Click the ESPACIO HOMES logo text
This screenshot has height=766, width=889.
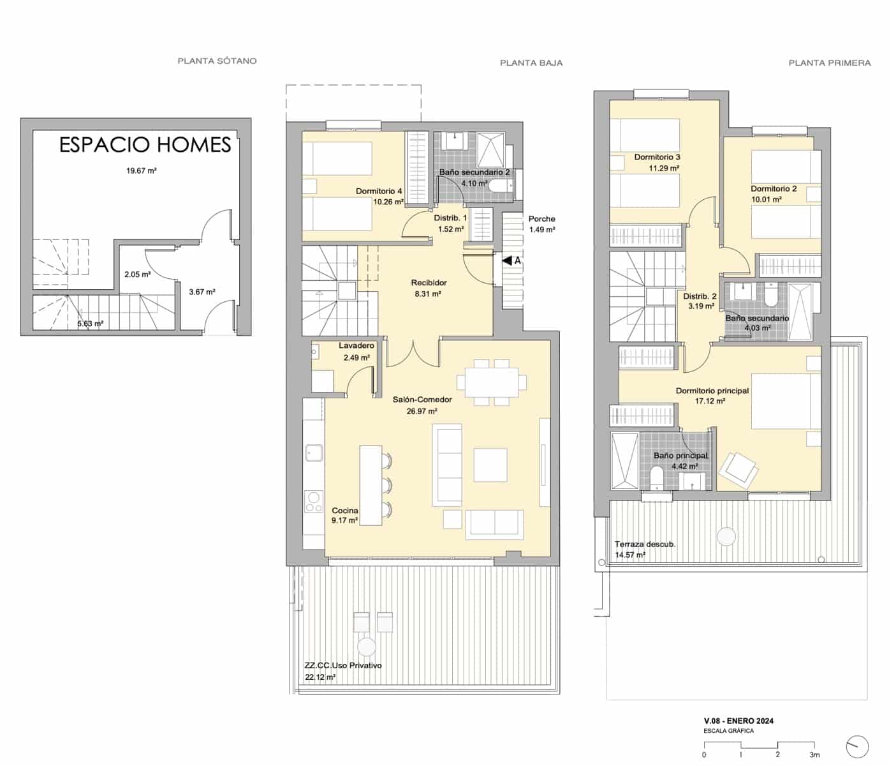coord(145,145)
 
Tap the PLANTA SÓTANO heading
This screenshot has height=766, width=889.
coord(217,61)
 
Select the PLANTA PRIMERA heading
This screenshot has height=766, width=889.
coord(829,63)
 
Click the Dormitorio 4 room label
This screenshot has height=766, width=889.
coord(379,191)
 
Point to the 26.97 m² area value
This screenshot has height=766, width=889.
coord(422,411)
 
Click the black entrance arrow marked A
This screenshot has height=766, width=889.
coord(507,260)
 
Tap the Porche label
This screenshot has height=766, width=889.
coord(541,219)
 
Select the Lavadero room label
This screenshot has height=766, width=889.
coord(356,346)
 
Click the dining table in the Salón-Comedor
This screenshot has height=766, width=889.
coord(492,382)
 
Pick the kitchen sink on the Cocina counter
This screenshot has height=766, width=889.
coord(313,453)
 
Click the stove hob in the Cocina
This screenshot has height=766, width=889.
coord(312,502)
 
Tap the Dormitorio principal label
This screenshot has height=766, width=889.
coord(712,391)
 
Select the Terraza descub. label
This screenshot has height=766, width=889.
coord(645,544)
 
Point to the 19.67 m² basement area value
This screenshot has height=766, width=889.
coord(142,170)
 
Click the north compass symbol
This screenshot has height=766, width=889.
coord(857,746)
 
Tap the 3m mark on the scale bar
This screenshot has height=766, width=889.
coord(814,755)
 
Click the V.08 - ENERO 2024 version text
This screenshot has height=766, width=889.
coord(738,721)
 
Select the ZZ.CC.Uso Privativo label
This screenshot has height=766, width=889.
coord(343,665)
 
